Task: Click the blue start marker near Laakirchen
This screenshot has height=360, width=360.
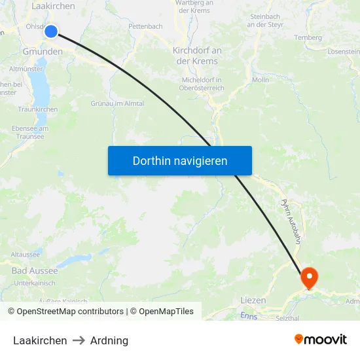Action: point(51,31)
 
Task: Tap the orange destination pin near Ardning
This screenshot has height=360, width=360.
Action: point(308,277)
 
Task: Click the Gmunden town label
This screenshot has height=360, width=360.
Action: point(42,52)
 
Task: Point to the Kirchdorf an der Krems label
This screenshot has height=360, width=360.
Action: point(197,56)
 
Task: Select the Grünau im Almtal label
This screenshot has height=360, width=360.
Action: point(117,103)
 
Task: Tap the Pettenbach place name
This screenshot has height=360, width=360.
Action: point(145,27)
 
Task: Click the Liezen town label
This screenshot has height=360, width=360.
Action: point(253,300)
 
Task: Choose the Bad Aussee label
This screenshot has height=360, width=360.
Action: point(35,270)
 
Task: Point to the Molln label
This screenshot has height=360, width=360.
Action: point(261,80)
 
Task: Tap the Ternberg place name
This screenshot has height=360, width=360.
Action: point(308,37)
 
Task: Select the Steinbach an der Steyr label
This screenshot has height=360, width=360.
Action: point(265,20)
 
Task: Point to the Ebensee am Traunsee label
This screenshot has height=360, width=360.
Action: point(30,132)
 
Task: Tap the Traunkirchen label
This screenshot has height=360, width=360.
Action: point(38,110)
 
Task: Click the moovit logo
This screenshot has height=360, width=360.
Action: point(321,340)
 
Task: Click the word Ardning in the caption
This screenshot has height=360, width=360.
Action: point(109,340)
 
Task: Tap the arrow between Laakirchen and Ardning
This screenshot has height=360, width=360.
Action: point(79,340)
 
